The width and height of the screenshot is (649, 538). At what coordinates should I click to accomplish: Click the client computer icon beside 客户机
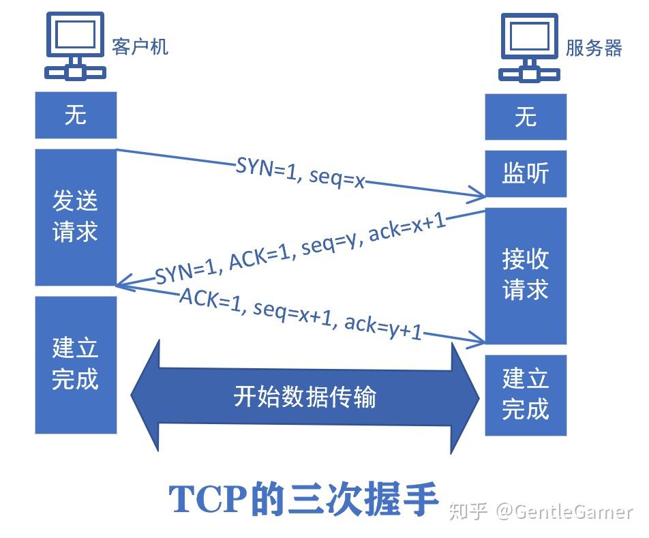click(75, 44)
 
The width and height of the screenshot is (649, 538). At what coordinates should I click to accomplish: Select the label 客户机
click(140, 46)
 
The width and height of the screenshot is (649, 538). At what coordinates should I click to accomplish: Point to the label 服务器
click(594, 48)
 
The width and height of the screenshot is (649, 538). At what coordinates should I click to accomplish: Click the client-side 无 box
click(76, 115)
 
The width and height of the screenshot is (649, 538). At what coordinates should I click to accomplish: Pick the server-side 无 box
click(526, 117)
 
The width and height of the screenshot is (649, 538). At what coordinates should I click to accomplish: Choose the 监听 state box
click(526, 174)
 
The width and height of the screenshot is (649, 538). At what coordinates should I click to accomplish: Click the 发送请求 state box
click(76, 216)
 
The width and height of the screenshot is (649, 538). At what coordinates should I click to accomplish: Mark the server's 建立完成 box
click(526, 394)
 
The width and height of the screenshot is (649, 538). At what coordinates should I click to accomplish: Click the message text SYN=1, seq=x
click(300, 173)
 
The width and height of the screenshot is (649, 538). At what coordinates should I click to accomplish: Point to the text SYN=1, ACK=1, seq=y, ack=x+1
click(300, 251)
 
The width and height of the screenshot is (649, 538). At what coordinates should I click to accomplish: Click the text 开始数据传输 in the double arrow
click(304, 396)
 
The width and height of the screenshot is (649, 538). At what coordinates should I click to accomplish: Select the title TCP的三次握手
click(303, 500)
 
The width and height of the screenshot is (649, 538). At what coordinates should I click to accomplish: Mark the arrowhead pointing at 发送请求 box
click(123, 282)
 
